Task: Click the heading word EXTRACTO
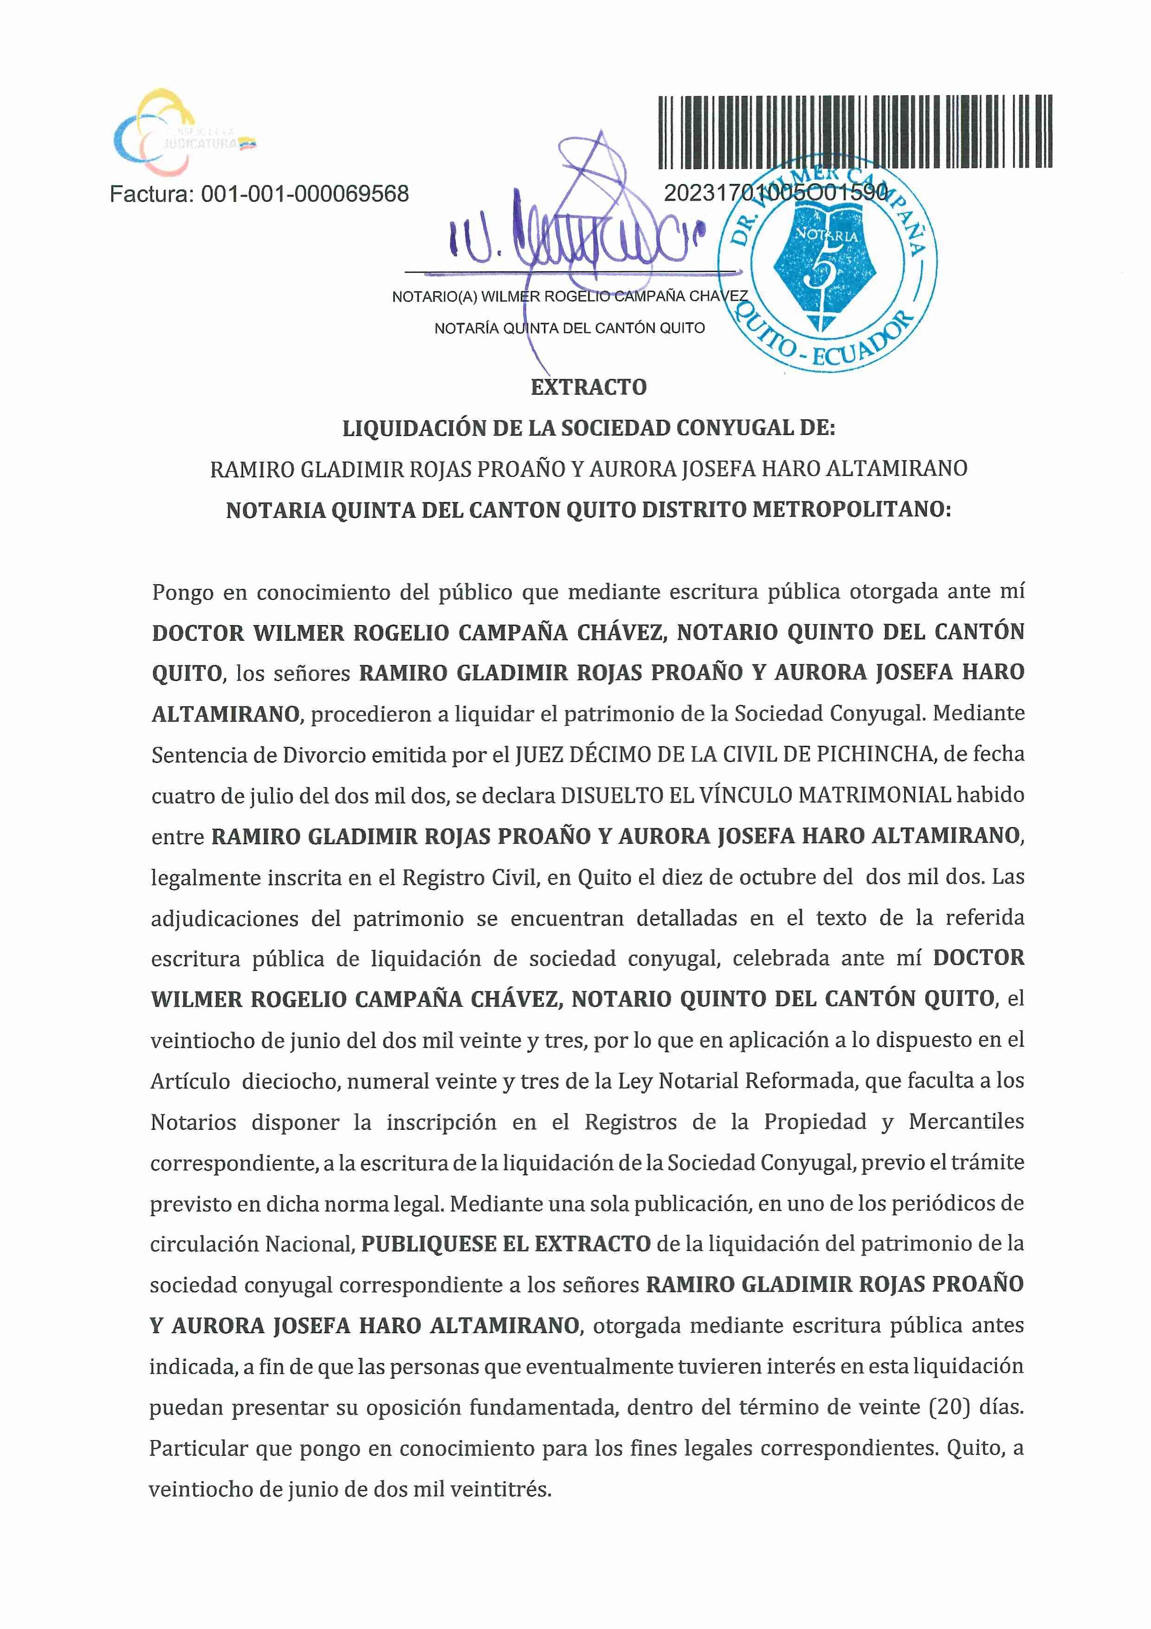(x=588, y=387)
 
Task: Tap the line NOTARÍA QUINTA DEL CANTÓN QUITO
(x=569, y=328)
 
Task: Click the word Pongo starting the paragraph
(x=182, y=592)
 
